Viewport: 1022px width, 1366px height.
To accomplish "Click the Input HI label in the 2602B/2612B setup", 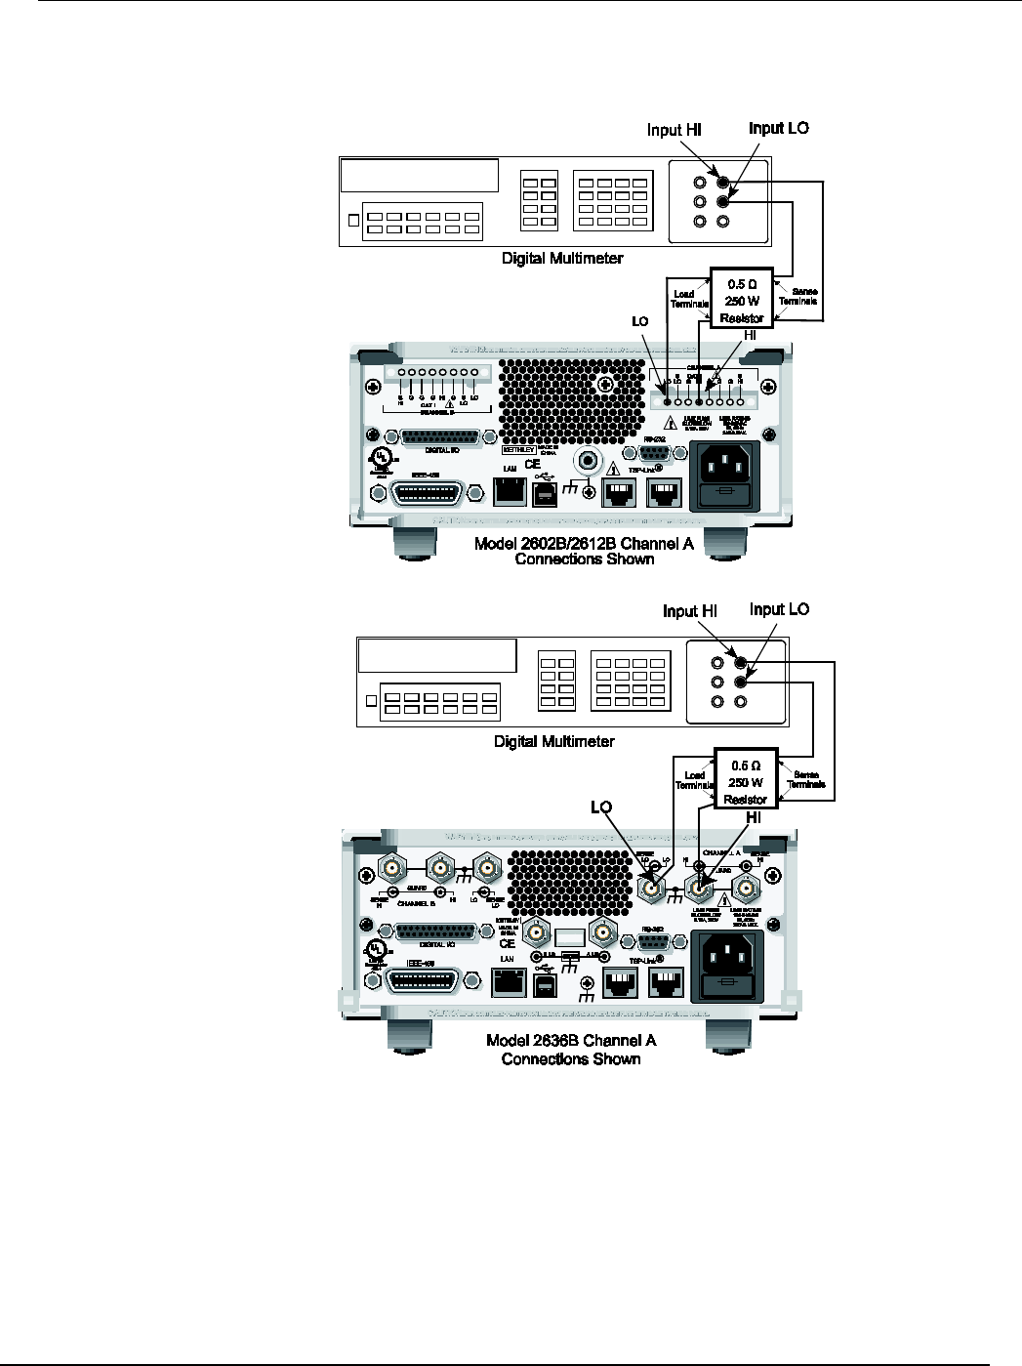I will coord(674,130).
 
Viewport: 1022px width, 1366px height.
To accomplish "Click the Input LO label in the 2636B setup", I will coord(779,609).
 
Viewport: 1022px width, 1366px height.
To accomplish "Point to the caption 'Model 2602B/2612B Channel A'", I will coord(584,544).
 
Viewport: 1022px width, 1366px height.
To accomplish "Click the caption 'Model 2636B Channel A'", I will coord(571,1041).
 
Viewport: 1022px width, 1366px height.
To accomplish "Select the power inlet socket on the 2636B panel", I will coord(726,966).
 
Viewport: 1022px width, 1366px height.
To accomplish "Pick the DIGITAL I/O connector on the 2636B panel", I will coord(436,931).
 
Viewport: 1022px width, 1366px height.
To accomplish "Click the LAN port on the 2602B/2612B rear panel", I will coord(509,490).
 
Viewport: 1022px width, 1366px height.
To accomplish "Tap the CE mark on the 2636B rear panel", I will coord(507,944).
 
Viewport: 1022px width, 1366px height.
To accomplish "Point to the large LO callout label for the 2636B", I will coord(601,807).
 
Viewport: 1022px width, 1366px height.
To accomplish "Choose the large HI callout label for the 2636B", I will coord(754,817).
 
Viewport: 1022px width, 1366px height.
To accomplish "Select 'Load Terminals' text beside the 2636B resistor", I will coord(694,780).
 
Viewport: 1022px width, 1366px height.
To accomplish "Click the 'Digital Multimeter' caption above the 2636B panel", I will coord(553,742).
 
